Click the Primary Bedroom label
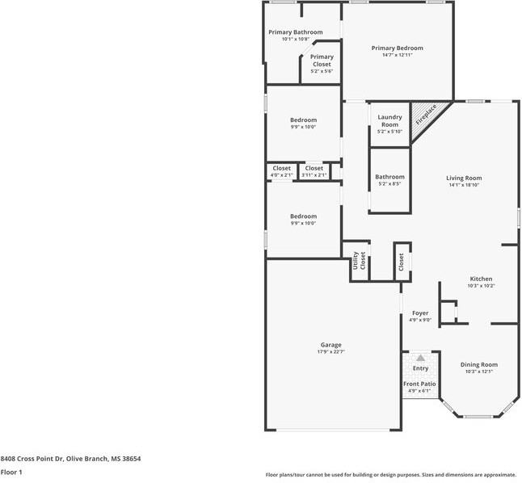(x=397, y=48)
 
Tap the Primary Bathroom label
(x=296, y=32)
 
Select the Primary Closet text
(x=322, y=61)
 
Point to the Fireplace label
(x=426, y=114)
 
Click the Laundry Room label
(x=389, y=121)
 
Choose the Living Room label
(x=464, y=178)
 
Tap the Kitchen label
(x=481, y=279)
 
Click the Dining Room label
(x=479, y=364)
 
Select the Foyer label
(x=420, y=313)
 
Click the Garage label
(x=330, y=344)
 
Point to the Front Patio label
(x=419, y=384)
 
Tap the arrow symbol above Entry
(x=420, y=357)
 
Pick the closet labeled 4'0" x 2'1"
(x=281, y=168)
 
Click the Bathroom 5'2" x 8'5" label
(x=389, y=177)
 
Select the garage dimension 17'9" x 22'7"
(x=330, y=351)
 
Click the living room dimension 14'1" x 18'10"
(x=464, y=185)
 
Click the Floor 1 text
(x=11, y=472)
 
